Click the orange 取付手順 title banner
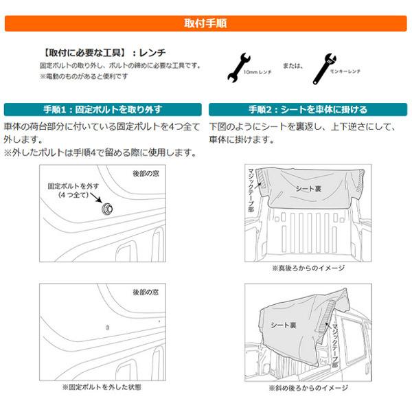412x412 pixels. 206,23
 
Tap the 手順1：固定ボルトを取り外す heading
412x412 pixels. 102,109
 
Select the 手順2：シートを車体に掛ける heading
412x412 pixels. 308,109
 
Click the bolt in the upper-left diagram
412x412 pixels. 107,208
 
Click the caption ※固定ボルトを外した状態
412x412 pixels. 102,387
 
